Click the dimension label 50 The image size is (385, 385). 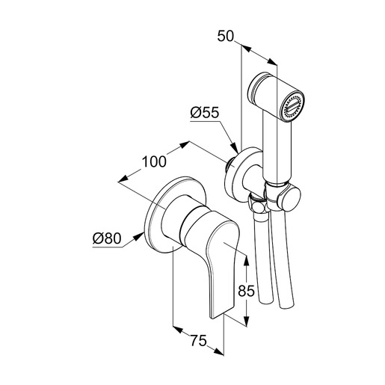pos(226,36)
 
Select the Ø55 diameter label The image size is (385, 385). pos(205,113)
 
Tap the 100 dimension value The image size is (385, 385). pos(154,161)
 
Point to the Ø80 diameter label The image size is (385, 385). pos(107,238)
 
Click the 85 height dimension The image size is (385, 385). pos(246,291)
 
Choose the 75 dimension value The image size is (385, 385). pos(199,340)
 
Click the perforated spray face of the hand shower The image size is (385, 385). pos(292,106)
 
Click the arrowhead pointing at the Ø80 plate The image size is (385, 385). pos(139,236)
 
